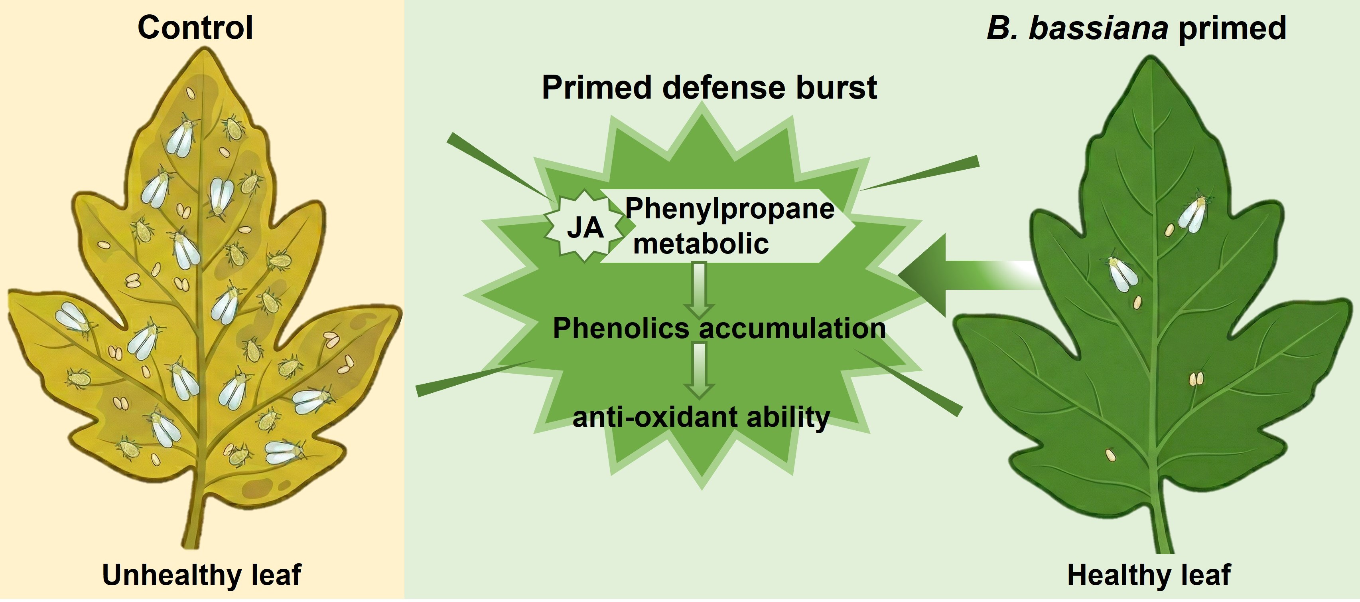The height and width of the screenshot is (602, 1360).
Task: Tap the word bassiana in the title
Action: click(1098, 28)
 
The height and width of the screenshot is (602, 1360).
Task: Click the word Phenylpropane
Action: click(729, 208)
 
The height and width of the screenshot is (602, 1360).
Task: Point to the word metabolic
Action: click(701, 244)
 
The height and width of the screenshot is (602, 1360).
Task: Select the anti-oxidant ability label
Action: click(701, 418)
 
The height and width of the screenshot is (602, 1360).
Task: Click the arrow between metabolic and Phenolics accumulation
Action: click(699, 290)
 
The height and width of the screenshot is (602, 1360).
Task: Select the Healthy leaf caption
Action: click(1149, 575)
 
